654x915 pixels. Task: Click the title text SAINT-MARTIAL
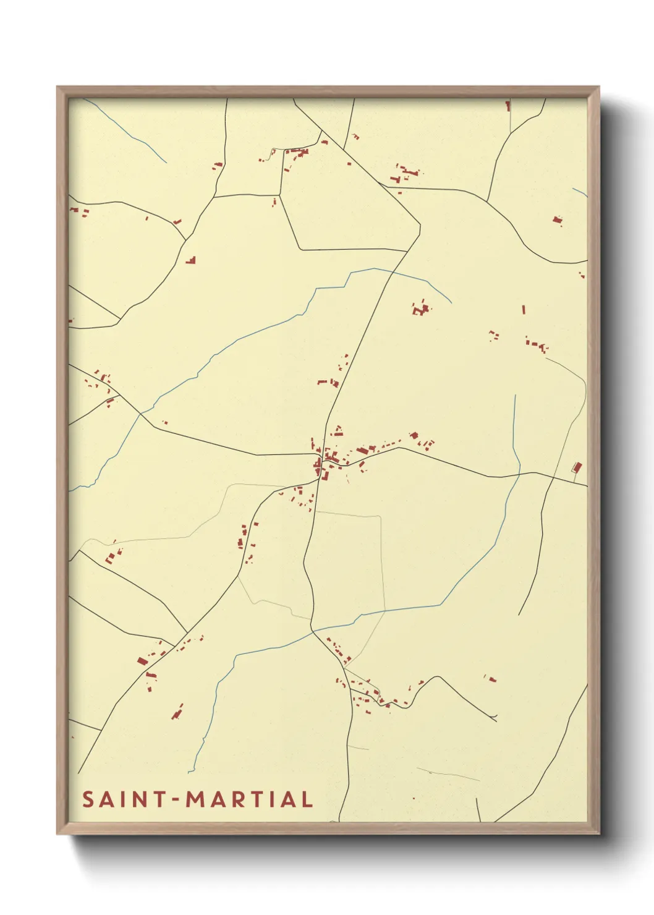point(197,799)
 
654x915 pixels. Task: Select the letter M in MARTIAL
point(197,799)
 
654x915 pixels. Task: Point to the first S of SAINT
point(88,799)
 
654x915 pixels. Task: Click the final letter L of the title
point(306,799)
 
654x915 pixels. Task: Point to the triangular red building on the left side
point(192,260)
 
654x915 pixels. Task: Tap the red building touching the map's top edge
point(508,106)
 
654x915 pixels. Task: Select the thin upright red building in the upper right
point(524,309)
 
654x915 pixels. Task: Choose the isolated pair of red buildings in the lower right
point(491,679)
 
